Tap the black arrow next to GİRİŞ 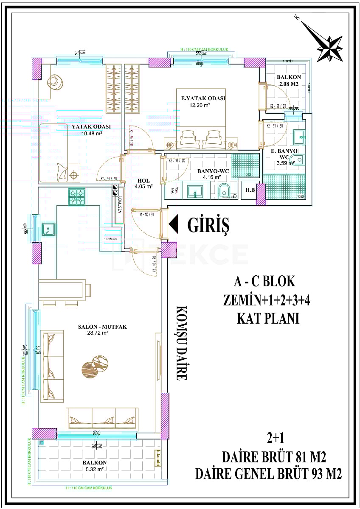(x=174, y=225)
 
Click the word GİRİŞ (x=208, y=225)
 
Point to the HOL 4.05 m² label (x=143, y=183)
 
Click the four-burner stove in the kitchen (x=77, y=196)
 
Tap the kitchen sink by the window (x=49, y=229)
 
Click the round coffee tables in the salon (x=95, y=364)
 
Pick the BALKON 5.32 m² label (x=95, y=465)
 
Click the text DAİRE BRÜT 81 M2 (x=273, y=458)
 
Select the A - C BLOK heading (x=264, y=282)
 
